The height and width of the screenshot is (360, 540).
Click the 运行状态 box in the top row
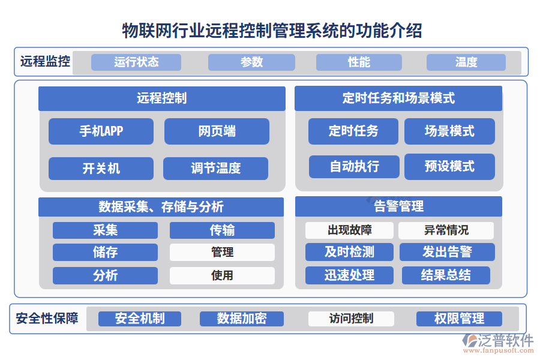pos(136,62)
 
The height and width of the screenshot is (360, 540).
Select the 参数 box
pos(251,62)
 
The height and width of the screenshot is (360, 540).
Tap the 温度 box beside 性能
pos(466,62)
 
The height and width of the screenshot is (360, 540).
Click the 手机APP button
pos(101,131)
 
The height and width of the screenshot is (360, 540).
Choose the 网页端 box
pos(217,131)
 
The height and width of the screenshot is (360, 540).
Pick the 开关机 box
pos(101,169)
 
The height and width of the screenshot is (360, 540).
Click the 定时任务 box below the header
pos(353,131)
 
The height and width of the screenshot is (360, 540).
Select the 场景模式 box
pos(449,131)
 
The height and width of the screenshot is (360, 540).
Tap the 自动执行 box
pos(354,166)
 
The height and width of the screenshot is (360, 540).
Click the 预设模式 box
pos(449,166)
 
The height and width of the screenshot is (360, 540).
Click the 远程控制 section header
pos(162,98)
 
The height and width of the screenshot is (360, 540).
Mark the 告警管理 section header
pos(398,206)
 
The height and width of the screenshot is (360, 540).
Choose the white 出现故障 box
pos(349,230)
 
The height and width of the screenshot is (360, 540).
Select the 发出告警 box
pos(447,252)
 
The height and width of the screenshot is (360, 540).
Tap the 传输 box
pos(222,230)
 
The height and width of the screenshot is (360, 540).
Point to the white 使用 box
pos(222,275)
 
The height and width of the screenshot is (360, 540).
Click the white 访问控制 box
pos(351,319)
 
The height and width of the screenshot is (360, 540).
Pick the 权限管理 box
pos(459,319)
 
